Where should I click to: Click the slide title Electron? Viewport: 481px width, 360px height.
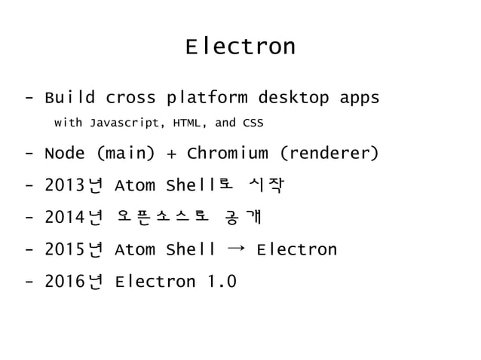pos(240,47)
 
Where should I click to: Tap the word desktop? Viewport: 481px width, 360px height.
pos(293,99)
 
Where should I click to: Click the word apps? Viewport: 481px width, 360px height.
pos(358,99)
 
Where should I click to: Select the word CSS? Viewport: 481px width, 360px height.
pos(253,122)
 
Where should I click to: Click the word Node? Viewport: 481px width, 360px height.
pos(65,154)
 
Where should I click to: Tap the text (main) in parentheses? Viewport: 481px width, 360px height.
pos(125,154)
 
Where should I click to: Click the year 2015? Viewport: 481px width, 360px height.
pos(66,250)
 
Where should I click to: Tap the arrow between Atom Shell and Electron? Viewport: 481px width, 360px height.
pos(236,249)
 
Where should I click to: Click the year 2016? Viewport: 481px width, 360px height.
pos(66,282)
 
